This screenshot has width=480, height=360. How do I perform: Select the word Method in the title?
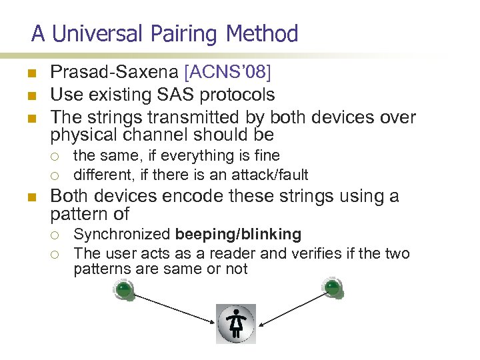[262, 33]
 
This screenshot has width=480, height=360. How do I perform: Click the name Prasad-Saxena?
[110, 72]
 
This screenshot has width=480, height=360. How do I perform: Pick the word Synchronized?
[122, 234]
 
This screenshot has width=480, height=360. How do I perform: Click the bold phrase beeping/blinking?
[238, 234]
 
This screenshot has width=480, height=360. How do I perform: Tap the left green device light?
[123, 289]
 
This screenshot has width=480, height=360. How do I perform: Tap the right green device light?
[332, 287]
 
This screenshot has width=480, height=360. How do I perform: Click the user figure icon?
[236, 323]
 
